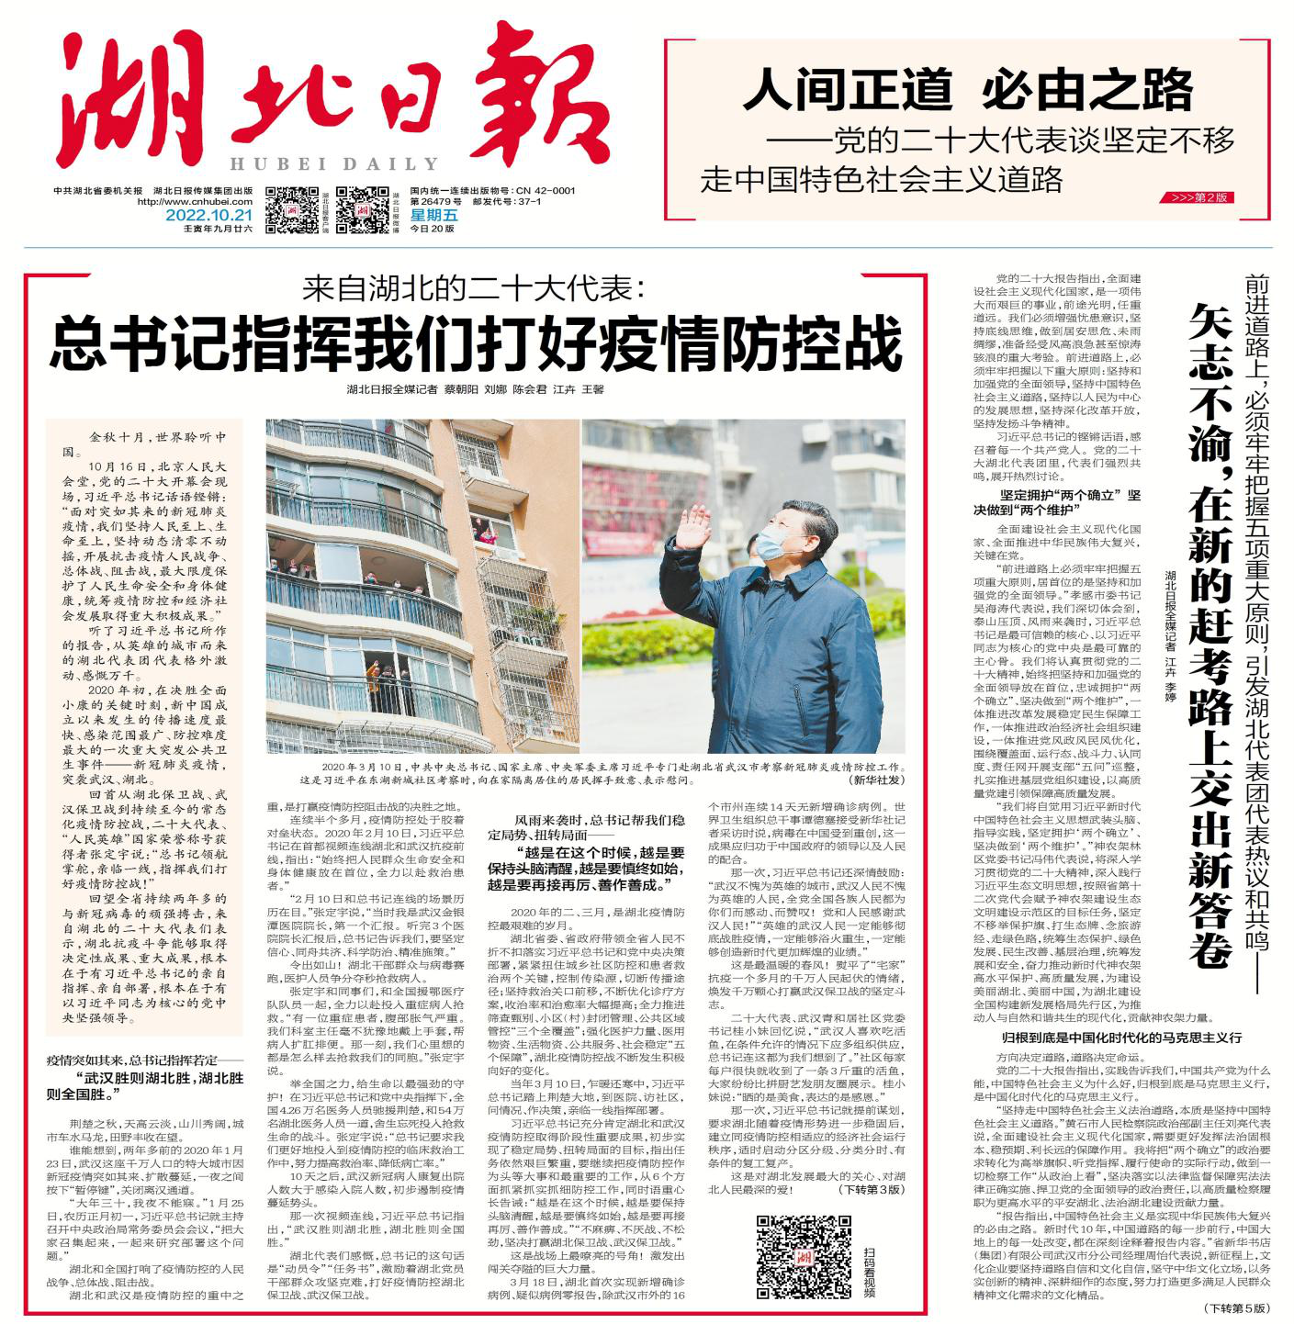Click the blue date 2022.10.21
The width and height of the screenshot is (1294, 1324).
click(x=208, y=216)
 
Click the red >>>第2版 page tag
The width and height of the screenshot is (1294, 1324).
click(x=1201, y=197)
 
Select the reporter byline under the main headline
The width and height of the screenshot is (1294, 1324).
click(x=475, y=389)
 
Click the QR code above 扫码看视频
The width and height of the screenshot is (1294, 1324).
click(x=803, y=1255)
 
